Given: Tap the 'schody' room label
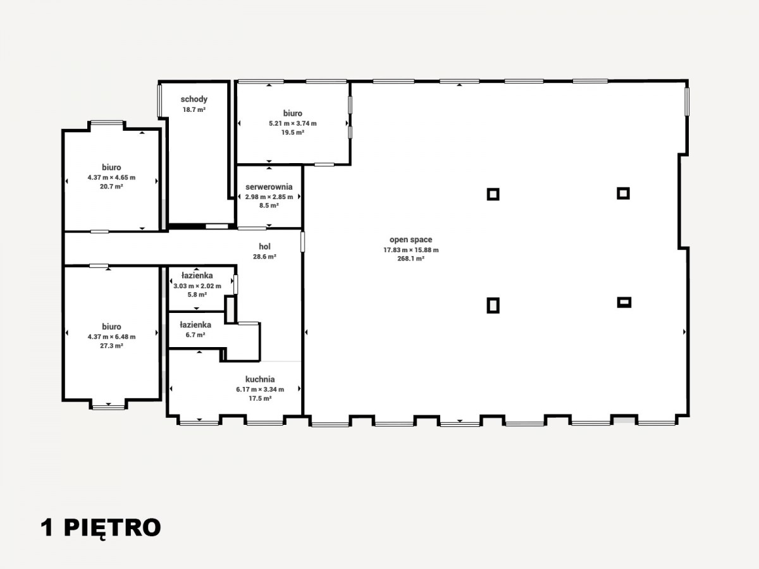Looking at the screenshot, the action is point(194,99).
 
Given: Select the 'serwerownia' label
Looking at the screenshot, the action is point(269,187).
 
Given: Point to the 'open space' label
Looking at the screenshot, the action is point(410,240).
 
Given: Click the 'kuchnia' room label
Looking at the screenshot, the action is point(260,379).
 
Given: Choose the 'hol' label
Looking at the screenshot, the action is point(264,247).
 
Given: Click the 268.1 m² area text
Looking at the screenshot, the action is point(410,259).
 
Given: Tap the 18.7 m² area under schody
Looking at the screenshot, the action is point(194,110).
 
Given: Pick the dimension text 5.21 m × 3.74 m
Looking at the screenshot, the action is point(293,123).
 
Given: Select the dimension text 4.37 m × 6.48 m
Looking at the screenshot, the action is point(111,337).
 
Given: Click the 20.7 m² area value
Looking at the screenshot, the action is point(111,187).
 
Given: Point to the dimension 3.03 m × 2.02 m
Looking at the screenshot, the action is point(197,286).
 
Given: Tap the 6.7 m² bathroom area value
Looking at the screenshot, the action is point(195,335).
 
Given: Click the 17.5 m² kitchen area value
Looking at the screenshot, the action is point(260,398).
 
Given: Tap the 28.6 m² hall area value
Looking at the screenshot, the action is point(264,257).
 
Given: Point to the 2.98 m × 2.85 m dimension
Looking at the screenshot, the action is point(269,197).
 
